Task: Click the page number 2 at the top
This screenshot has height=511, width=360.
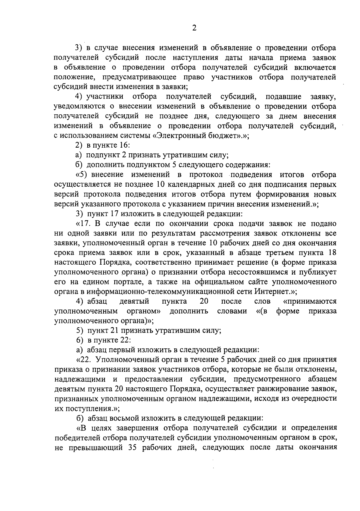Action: coord(194,28)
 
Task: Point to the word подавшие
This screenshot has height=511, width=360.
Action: coord(283,97)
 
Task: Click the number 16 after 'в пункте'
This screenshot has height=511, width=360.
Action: coord(124,146)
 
